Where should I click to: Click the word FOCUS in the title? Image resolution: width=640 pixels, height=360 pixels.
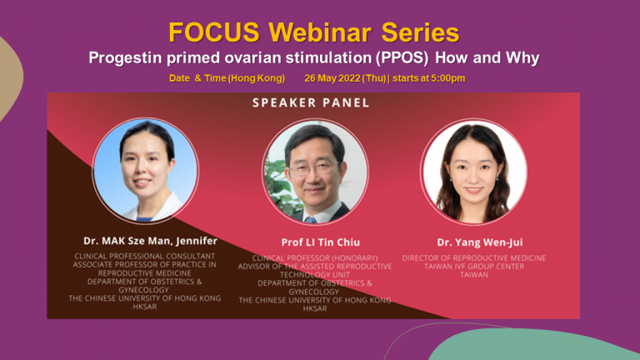tap(214, 32)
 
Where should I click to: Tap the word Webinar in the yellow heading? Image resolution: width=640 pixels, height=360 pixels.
tap(320, 32)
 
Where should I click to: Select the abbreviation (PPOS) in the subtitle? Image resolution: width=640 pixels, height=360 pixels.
tap(402, 58)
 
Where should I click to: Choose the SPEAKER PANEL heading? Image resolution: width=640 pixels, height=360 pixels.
tap(311, 102)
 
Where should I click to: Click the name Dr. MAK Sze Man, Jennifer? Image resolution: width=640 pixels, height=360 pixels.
tap(150, 241)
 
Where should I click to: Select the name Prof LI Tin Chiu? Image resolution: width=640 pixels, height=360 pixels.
tap(320, 242)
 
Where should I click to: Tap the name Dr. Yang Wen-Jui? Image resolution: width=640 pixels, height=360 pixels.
tap(480, 242)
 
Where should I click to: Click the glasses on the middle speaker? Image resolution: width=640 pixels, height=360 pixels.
tap(313, 168)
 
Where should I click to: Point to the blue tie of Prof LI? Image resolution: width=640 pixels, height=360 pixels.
tap(311, 220)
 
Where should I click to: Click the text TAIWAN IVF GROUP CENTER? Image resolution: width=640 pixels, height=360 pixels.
tap(474, 266)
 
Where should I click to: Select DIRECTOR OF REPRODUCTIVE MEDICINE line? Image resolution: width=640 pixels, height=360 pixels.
tap(474, 258)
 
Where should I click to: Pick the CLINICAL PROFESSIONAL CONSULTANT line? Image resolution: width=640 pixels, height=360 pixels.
tap(144, 256)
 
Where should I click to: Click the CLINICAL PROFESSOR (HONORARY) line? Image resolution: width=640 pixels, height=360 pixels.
tap(315, 258)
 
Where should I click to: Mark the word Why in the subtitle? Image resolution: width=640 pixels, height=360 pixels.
tap(522, 58)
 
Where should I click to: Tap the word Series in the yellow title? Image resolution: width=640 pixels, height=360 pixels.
tap(420, 32)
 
